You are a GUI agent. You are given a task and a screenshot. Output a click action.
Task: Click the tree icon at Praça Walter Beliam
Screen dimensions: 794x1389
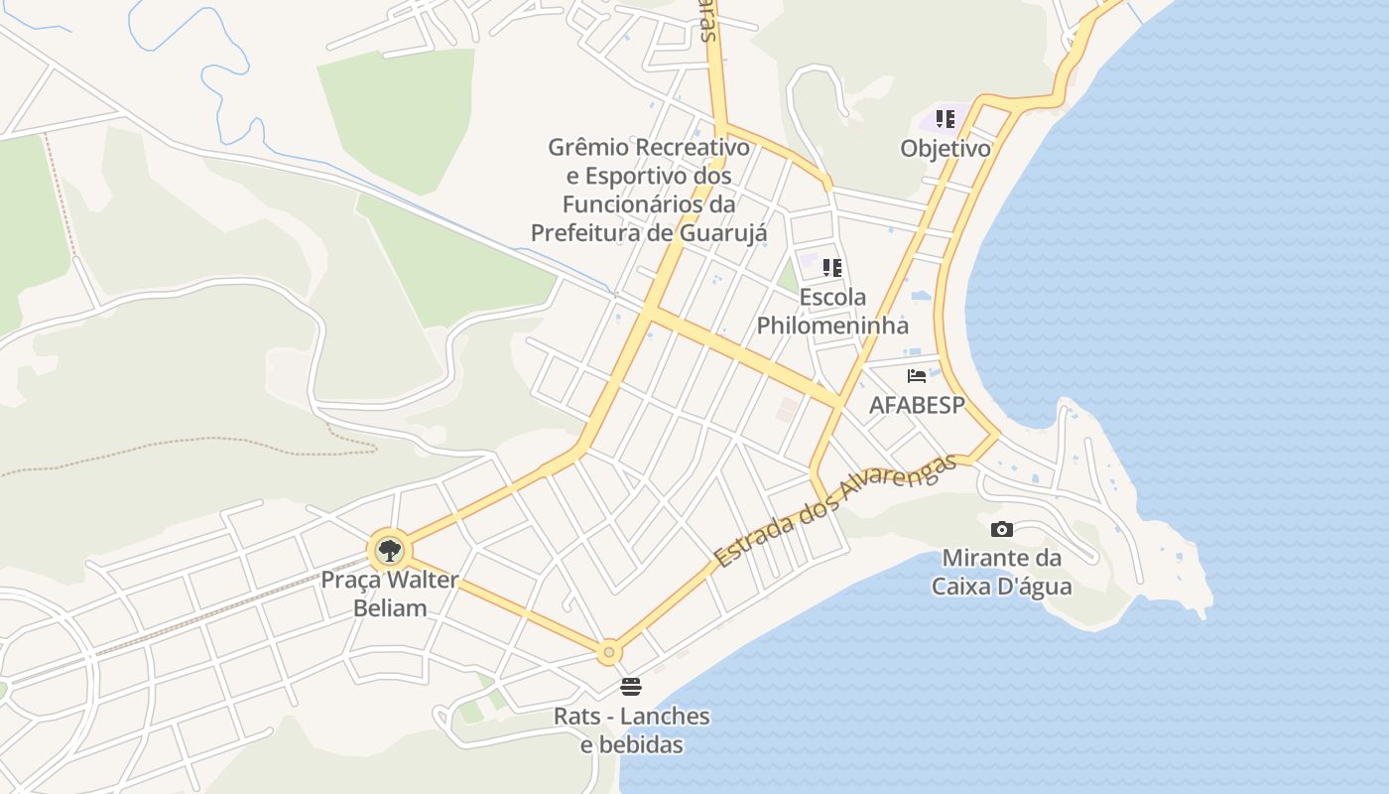[x=389, y=550]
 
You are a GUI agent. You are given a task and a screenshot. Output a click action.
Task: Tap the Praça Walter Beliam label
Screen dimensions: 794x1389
[x=390, y=594]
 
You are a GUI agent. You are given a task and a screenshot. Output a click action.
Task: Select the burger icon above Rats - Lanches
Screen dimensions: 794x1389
[x=630, y=687]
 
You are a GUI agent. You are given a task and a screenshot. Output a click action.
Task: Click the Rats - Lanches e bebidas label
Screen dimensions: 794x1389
[x=632, y=729]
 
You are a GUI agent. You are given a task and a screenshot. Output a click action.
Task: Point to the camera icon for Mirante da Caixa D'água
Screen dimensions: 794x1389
[x=1002, y=529]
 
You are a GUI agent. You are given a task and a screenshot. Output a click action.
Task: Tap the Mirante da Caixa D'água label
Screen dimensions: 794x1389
[x=1001, y=572]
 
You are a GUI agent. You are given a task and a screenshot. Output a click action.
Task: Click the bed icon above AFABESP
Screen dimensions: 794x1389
[x=917, y=376]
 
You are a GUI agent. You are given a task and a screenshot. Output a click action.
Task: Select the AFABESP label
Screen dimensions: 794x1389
[x=917, y=405]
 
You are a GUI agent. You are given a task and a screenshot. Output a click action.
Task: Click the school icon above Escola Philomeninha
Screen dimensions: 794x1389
[x=832, y=267]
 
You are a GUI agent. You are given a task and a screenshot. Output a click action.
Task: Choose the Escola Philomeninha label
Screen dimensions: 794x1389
[x=832, y=311]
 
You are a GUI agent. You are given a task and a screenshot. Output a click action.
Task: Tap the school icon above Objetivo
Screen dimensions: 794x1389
[x=946, y=119]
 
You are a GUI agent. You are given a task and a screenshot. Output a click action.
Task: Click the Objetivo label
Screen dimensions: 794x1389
[x=946, y=149]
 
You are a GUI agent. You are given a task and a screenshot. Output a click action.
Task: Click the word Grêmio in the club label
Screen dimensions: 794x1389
[x=588, y=148]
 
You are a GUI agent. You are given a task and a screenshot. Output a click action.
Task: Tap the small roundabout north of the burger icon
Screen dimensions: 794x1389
[x=609, y=652]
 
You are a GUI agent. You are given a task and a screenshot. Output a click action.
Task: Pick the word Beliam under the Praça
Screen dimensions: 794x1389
[x=390, y=607]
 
